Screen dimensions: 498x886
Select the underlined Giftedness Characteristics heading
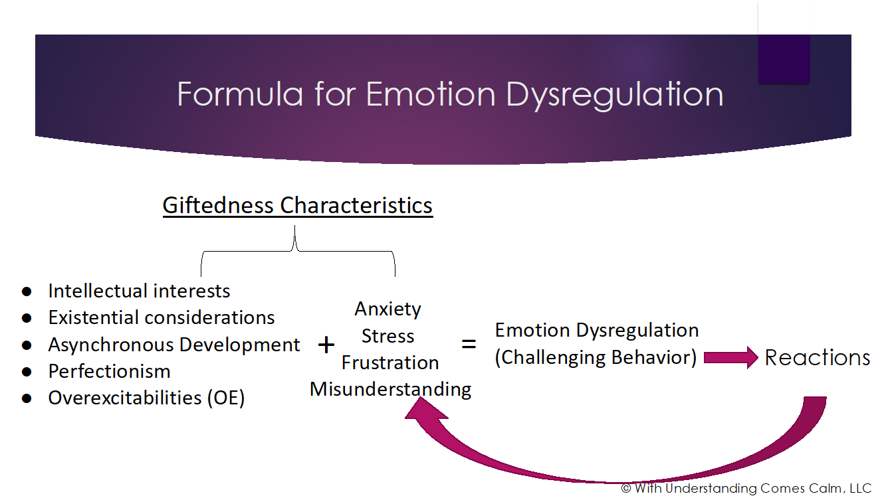(x=298, y=205)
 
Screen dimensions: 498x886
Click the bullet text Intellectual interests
(x=139, y=291)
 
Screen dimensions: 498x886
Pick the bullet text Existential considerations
(x=162, y=317)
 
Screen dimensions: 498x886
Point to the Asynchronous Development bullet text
(x=174, y=345)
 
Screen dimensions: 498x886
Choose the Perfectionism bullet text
(x=109, y=371)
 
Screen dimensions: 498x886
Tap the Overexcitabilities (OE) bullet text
(x=146, y=398)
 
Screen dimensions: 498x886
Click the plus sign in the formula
(x=326, y=345)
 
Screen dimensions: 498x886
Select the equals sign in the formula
(x=469, y=345)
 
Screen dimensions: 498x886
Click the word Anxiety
(x=388, y=309)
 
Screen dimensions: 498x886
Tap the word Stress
(x=388, y=336)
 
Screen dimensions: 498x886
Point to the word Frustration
(x=390, y=363)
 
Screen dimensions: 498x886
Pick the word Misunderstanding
(x=391, y=389)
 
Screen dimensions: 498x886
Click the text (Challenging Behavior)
(x=596, y=357)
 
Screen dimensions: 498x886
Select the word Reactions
(x=817, y=357)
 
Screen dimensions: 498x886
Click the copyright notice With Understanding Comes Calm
(x=746, y=488)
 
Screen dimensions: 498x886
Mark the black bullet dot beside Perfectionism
(x=27, y=372)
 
